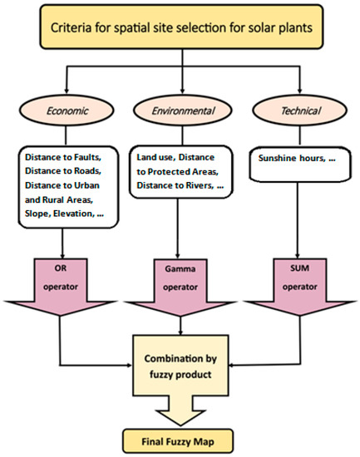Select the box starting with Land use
179,172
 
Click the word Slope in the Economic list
42,214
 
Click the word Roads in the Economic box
89,170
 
